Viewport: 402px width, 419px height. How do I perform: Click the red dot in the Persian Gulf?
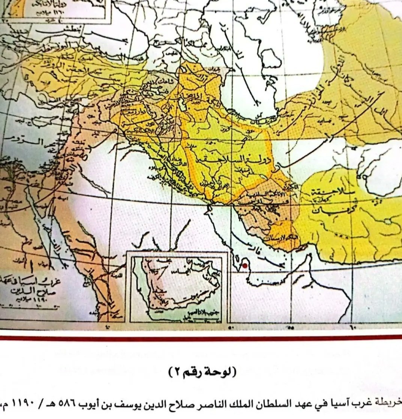coord(245,266)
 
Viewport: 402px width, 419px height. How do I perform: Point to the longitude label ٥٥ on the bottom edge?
coord(291,327)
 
